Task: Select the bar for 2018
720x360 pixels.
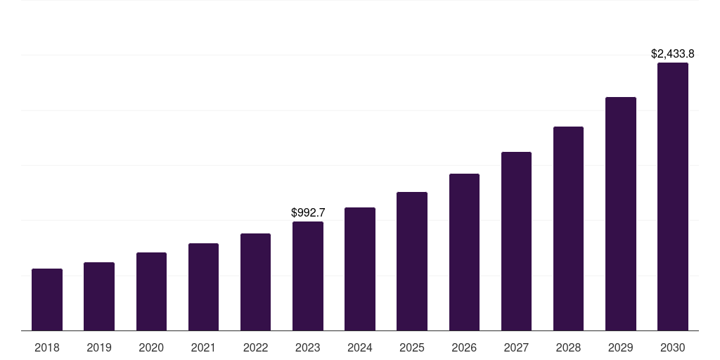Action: point(47,300)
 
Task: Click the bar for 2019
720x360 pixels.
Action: point(99,296)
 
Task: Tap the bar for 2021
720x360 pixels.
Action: point(203,287)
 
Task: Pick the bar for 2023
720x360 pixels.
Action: point(308,276)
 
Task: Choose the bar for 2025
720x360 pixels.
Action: point(412,261)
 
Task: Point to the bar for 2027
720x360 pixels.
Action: point(516,241)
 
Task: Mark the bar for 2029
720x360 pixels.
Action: point(620,214)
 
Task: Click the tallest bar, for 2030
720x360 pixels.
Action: point(673,196)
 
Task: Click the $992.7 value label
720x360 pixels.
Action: point(308,212)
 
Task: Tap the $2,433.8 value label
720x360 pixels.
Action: point(673,53)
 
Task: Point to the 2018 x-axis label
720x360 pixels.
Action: point(47,347)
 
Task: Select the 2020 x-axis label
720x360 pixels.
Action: point(151,347)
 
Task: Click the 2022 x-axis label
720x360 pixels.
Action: point(255,347)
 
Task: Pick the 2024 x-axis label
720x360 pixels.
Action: point(360,347)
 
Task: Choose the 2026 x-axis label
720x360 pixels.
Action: point(464,347)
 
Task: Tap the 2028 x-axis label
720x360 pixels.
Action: point(568,347)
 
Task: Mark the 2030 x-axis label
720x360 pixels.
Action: point(673,347)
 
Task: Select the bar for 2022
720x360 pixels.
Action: point(255,282)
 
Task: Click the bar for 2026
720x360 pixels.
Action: point(464,252)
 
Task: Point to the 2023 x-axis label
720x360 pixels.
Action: point(308,347)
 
